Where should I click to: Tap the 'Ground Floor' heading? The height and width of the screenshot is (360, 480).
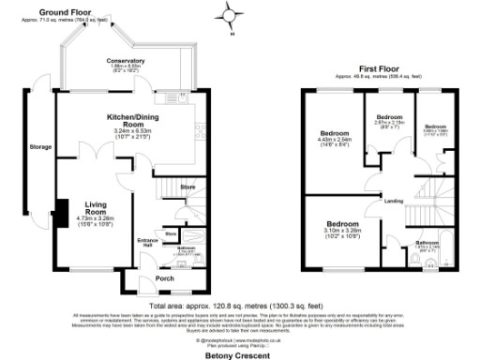click(x=84, y=12)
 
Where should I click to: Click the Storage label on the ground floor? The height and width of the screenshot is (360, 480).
click(x=40, y=147)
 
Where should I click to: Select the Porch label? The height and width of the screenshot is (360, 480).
click(x=164, y=278)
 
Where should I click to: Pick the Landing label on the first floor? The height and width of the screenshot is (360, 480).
click(x=392, y=201)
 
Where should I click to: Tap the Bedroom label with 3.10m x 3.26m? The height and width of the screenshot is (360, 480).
click(x=341, y=225)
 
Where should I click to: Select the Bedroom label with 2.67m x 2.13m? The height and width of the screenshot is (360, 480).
click(x=389, y=117)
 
